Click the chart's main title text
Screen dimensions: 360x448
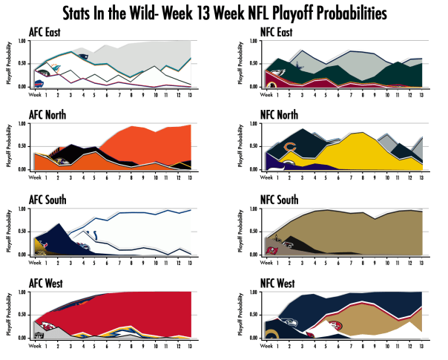click(223, 13)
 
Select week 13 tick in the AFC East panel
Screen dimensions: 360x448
click(191, 94)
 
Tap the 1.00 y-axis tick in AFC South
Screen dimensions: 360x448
click(22, 209)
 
